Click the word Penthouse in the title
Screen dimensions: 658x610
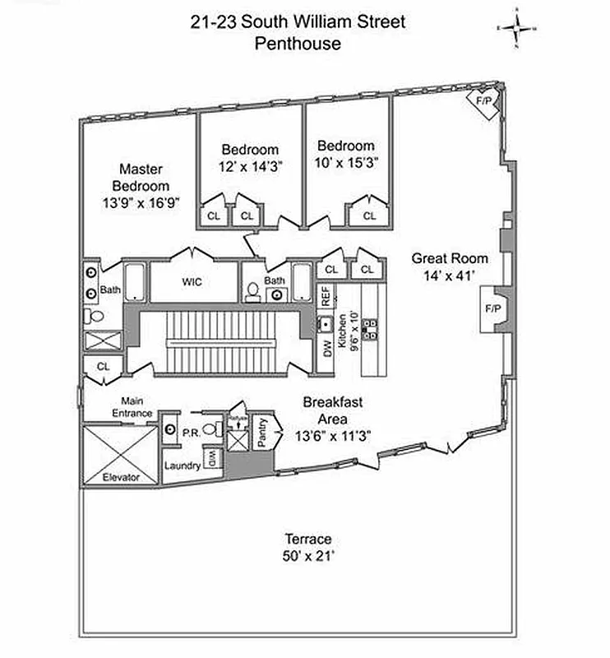pyautogui.click(x=297, y=44)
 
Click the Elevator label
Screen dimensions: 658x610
pyautogui.click(x=120, y=477)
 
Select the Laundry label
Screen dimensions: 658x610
pyautogui.click(x=182, y=466)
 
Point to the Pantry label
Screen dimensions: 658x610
pyautogui.click(x=264, y=431)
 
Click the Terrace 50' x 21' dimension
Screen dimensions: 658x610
pyautogui.click(x=308, y=548)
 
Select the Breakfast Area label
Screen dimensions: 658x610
pyautogui.click(x=333, y=410)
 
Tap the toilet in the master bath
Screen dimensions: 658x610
pyautogui.click(x=96, y=317)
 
